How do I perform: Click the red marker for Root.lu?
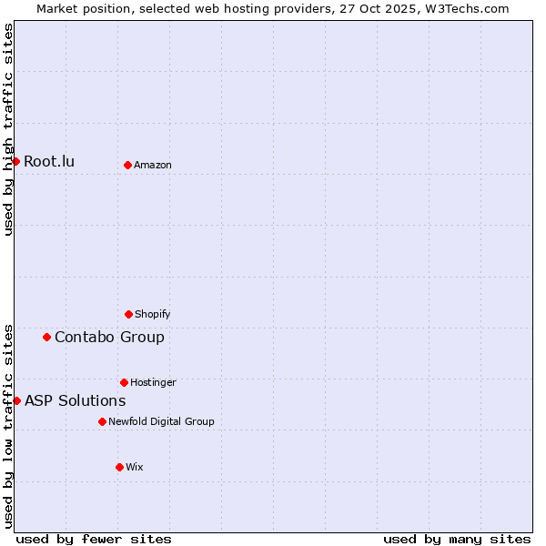[x=15, y=161]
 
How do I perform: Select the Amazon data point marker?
[x=127, y=165]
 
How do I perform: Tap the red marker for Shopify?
[x=128, y=314]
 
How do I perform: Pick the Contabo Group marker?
[x=46, y=337]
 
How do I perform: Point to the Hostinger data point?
[x=124, y=382]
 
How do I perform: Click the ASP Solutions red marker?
[x=16, y=400]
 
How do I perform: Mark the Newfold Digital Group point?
[x=102, y=421]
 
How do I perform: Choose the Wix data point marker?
[x=119, y=467]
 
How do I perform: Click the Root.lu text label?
[x=49, y=162]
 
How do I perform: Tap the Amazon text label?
[x=153, y=165]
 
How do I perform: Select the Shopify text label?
[x=153, y=314]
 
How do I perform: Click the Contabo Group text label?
[x=109, y=338]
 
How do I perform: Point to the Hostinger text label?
[x=153, y=382]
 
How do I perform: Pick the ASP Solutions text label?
[x=75, y=401]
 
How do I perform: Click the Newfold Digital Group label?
[x=161, y=421]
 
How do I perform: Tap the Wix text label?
[x=135, y=467]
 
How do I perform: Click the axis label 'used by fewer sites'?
[x=94, y=539]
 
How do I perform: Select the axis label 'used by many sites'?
[x=457, y=539]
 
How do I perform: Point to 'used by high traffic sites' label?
[x=8, y=129]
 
